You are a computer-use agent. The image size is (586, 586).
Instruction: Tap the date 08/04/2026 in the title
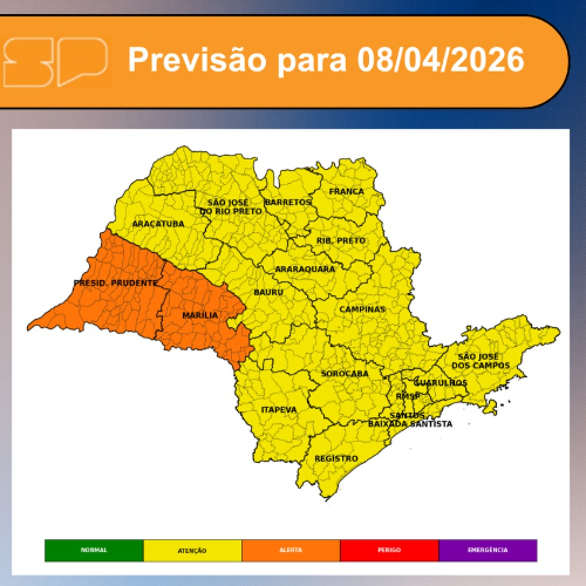coord(440,60)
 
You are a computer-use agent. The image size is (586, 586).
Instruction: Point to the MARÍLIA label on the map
coord(200,315)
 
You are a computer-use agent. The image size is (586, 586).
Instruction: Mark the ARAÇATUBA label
coord(158,224)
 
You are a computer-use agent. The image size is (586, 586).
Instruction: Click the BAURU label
coord(268,292)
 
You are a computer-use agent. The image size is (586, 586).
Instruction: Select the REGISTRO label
coord(336,459)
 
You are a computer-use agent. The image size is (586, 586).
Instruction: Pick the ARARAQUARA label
coord(305,269)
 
